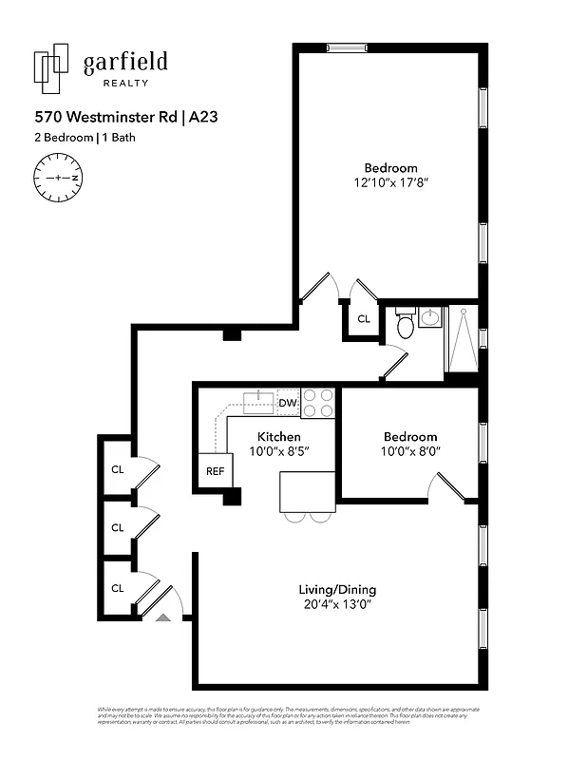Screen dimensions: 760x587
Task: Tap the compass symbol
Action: [58, 178]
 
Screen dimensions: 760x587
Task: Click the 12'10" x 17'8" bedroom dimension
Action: [390, 183]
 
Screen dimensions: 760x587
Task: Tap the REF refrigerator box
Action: [216, 470]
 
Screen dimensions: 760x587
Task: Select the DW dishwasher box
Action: [288, 404]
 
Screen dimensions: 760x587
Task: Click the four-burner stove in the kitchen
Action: [319, 403]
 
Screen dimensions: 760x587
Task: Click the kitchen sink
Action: [257, 402]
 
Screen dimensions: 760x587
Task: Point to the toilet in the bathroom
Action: [406, 325]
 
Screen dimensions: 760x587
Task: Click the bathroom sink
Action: [429, 317]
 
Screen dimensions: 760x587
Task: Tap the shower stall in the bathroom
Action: [463, 338]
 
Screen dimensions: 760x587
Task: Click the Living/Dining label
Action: [337, 587]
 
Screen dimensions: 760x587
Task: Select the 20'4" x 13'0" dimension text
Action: [337, 603]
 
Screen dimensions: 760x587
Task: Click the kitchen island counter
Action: [307, 492]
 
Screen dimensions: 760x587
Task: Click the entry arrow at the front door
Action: [162, 617]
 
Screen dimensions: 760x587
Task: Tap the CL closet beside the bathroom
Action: [363, 320]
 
